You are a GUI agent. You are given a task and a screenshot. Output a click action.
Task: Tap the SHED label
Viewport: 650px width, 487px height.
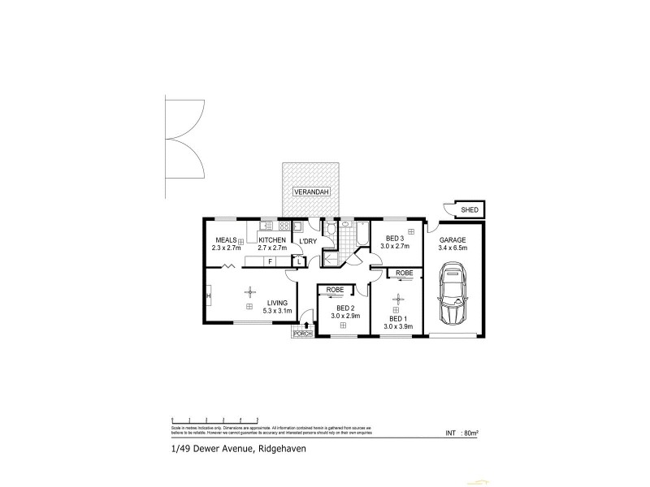click(x=469, y=210)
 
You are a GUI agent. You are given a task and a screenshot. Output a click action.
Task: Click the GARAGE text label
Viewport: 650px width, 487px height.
click(x=452, y=240)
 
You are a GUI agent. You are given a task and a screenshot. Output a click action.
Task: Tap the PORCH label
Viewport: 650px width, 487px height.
click(x=303, y=334)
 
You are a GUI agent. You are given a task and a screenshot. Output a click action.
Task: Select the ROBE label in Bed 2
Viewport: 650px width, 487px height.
click(x=335, y=290)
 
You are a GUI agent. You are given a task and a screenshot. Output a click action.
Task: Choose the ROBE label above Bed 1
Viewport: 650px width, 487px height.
click(x=404, y=274)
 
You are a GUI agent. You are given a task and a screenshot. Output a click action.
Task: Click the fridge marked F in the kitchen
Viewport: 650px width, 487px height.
click(x=269, y=261)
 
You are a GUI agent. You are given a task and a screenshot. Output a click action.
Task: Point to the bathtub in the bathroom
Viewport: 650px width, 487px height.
click(x=362, y=236)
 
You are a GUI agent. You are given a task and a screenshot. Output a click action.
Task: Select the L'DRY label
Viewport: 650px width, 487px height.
click(x=308, y=241)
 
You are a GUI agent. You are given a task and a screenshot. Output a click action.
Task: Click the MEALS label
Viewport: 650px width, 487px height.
click(x=225, y=240)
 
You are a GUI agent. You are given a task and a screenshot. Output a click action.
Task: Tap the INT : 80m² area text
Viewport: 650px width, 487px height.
click(x=461, y=433)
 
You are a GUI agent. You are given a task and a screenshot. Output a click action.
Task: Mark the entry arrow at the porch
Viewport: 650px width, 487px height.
click(x=306, y=325)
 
